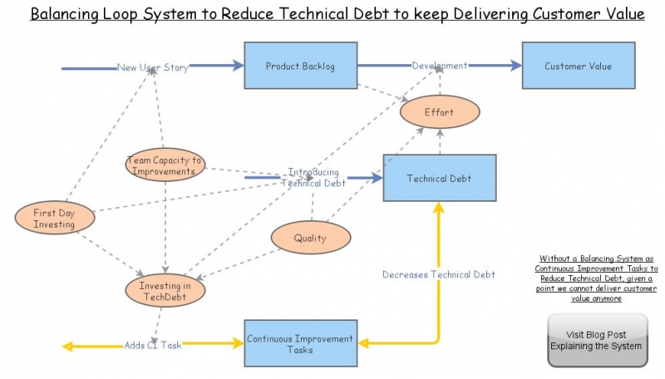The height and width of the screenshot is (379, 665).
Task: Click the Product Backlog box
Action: click(x=300, y=66)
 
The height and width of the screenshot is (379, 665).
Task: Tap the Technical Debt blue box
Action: click(x=439, y=178)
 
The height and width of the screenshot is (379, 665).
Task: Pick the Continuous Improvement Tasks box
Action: click(x=300, y=344)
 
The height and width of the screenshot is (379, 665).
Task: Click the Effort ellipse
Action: click(x=439, y=111)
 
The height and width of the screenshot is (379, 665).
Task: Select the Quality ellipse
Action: click(x=310, y=239)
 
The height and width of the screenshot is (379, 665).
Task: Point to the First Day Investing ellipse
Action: click(x=54, y=219)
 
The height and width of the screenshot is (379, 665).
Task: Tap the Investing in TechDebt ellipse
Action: click(x=165, y=292)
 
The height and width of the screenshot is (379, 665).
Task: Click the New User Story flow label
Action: click(x=152, y=67)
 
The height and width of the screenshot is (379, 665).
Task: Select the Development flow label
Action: click(x=439, y=66)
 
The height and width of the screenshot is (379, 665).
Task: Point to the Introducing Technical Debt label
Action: click(x=313, y=178)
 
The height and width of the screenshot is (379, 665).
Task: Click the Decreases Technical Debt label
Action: click(x=438, y=274)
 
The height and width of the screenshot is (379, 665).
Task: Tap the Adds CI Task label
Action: click(x=152, y=345)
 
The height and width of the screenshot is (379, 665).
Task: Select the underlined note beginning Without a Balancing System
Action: click(x=595, y=278)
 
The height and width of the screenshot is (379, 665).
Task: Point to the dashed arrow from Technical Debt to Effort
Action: click(x=439, y=141)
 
